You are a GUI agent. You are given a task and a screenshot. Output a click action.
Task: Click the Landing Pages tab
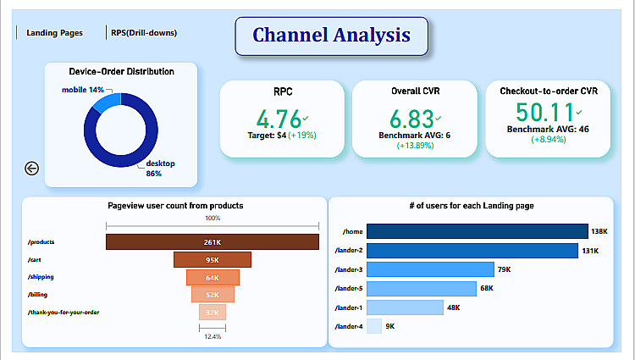pyautogui.click(x=54, y=33)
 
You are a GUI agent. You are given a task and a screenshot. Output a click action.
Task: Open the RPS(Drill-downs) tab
pyautogui.click(x=143, y=33)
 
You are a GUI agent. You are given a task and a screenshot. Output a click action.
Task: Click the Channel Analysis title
pyautogui.click(x=331, y=36)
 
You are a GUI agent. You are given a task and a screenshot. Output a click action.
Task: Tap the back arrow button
pyautogui.click(x=32, y=169)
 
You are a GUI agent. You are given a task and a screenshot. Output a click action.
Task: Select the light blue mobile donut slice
pyautogui.click(x=108, y=102)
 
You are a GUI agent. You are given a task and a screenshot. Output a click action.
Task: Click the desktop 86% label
pyautogui.click(x=159, y=168)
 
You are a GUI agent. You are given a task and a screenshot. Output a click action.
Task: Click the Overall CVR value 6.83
pyautogui.click(x=412, y=118)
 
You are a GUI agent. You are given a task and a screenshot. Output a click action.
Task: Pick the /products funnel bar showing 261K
pyautogui.click(x=212, y=242)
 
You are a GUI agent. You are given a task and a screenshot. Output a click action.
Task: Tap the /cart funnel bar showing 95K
pyautogui.click(x=212, y=260)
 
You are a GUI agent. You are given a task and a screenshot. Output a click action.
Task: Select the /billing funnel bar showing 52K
pyautogui.click(x=212, y=295)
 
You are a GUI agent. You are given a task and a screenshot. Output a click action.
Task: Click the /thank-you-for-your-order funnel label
pyautogui.click(x=63, y=313)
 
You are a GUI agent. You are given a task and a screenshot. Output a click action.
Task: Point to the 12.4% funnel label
pyautogui.click(x=213, y=336)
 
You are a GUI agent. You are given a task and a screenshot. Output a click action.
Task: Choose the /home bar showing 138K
pyautogui.click(x=477, y=231)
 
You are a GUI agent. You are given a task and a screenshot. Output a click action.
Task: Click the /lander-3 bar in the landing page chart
pyautogui.click(x=430, y=269)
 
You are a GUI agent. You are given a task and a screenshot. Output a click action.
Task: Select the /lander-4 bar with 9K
pyautogui.click(x=374, y=326)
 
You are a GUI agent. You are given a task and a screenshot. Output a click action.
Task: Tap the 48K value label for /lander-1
pyautogui.click(x=454, y=307)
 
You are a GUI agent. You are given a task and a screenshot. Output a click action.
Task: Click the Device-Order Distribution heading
pyautogui.click(x=121, y=72)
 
